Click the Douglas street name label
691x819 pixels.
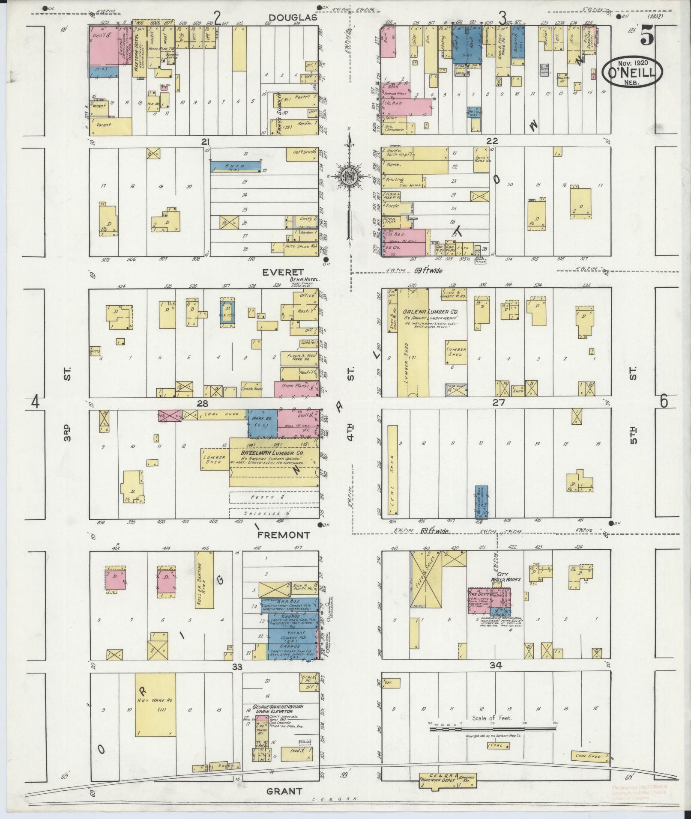point(293,18)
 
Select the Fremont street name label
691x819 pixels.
point(283,535)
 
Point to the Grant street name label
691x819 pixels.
point(284,791)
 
